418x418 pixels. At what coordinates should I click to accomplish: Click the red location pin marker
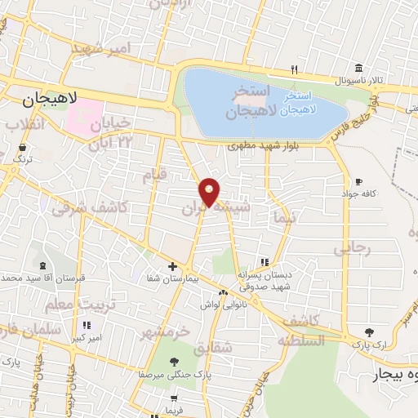209,192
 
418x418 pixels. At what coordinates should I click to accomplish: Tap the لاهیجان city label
50,99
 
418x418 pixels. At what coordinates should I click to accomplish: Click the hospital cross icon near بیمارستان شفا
172,266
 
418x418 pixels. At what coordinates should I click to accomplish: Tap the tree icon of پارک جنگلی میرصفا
167,361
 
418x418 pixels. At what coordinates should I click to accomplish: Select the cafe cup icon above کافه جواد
358,181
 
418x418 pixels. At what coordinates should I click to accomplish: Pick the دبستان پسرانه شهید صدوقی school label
265,281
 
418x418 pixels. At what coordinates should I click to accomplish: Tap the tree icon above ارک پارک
369,332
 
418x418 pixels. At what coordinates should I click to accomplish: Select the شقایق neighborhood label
215,347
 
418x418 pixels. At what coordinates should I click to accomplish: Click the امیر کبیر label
86,337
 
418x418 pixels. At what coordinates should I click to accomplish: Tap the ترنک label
22,160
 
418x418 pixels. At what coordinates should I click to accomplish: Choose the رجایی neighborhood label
356,247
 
